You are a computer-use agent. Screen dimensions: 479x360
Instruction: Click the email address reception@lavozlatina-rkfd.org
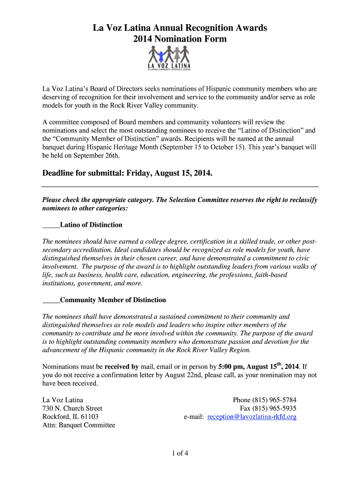coord(252,416)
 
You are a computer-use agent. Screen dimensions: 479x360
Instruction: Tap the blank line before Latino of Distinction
coord(51,225)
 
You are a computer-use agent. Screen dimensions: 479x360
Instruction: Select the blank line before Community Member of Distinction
coord(51,300)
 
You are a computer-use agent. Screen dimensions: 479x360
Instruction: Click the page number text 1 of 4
coord(180,453)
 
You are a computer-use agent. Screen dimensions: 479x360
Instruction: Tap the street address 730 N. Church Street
coord(72,408)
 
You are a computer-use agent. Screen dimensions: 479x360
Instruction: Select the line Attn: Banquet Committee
coord(79,425)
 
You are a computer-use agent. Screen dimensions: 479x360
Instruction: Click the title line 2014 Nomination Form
coord(180,39)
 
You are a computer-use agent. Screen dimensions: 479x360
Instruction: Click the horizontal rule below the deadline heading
coord(180,187)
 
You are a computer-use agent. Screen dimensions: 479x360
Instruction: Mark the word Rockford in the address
coord(56,417)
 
